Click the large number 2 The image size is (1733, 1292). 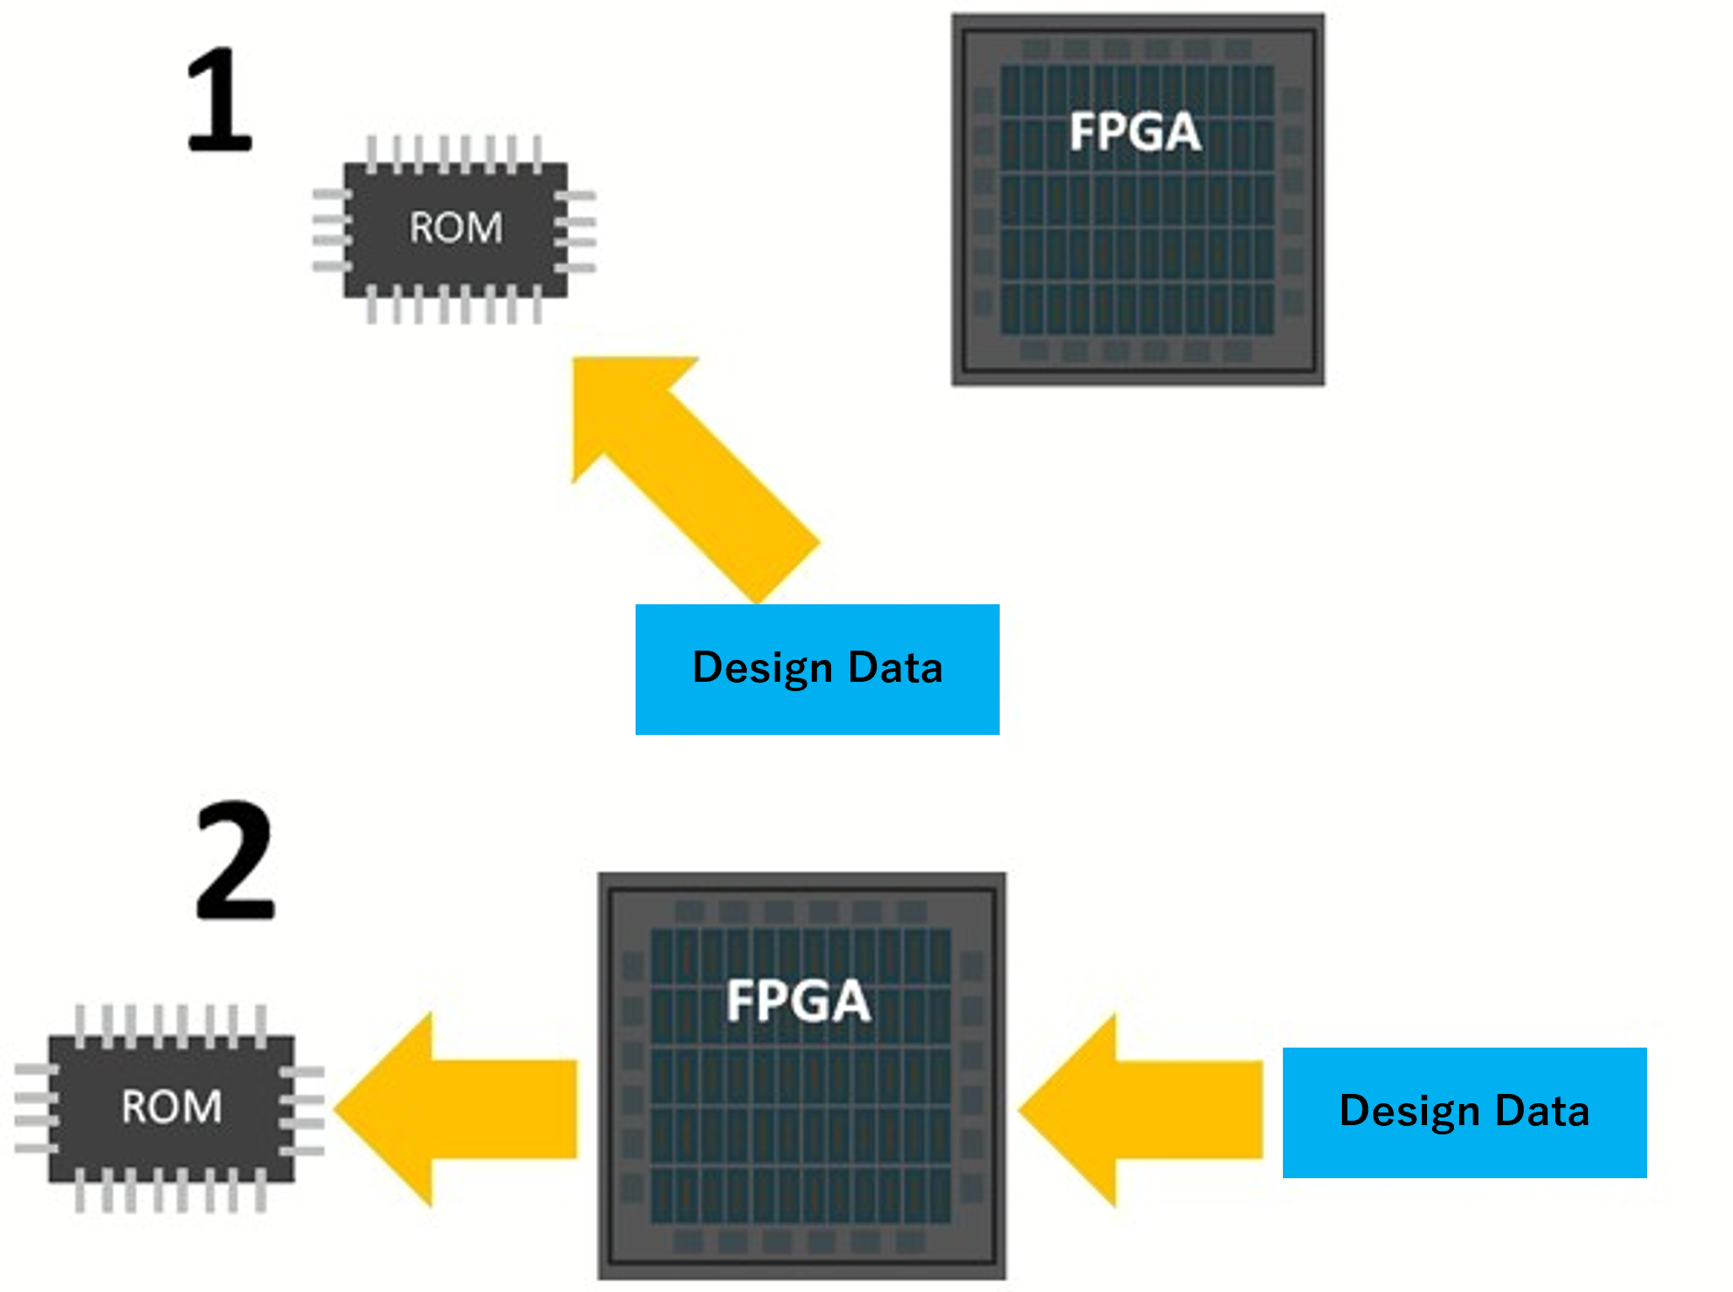coord(235,860)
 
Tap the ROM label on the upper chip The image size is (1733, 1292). coord(456,228)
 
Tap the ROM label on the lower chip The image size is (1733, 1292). coord(172,1107)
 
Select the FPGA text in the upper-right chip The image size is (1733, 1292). coord(1135,132)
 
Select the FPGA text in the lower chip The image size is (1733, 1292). coord(798,1001)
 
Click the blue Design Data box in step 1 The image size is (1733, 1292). coord(817,669)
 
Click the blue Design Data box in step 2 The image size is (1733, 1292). coord(1464,1112)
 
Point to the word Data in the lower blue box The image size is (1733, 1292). coord(1542,1111)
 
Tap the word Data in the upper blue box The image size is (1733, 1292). coord(895,667)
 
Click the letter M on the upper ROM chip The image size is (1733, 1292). coord(485,228)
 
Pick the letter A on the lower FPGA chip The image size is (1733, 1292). coord(850,1001)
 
